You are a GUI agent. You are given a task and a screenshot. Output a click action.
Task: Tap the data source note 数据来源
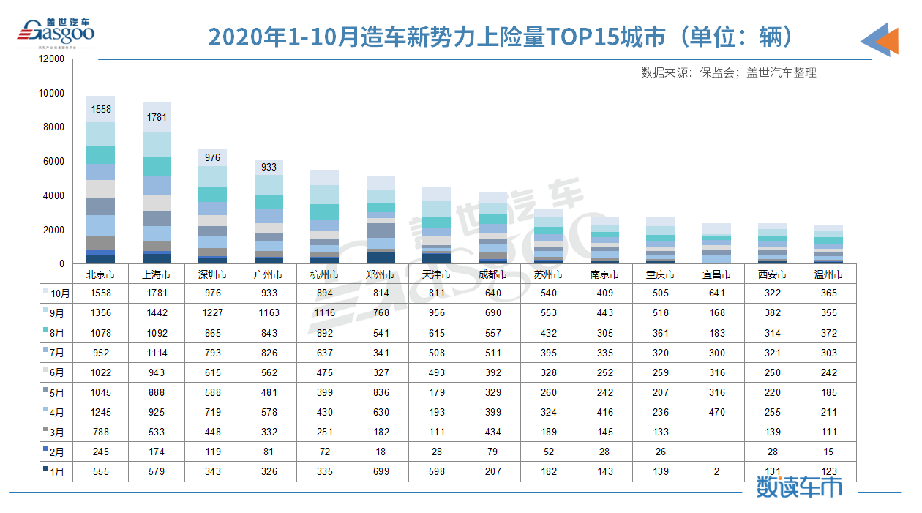pyautogui.click(x=728, y=72)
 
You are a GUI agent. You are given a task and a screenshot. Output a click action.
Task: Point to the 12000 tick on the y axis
pyautogui.click(x=52, y=59)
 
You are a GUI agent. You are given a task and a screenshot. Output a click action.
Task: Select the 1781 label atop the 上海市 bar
pyautogui.click(x=157, y=117)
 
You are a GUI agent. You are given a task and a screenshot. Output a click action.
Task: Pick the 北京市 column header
pyautogui.click(x=100, y=275)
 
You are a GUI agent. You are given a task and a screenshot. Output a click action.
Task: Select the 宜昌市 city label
pyautogui.click(x=717, y=275)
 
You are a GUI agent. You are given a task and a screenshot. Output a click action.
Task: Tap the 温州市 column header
pyautogui.click(x=828, y=275)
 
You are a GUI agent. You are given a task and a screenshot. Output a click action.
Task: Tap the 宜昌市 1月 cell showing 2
pyautogui.click(x=717, y=471)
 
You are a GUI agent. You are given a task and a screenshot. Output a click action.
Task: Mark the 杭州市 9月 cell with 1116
pyautogui.click(x=324, y=312)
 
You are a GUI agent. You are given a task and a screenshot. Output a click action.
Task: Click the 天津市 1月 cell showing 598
pyautogui.click(x=437, y=471)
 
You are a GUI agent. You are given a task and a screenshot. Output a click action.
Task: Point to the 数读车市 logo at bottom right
pyautogui.click(x=798, y=487)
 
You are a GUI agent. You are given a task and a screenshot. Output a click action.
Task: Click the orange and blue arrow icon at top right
pyautogui.click(x=880, y=39)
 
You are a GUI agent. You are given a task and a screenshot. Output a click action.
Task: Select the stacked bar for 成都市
pyautogui.click(x=492, y=228)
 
